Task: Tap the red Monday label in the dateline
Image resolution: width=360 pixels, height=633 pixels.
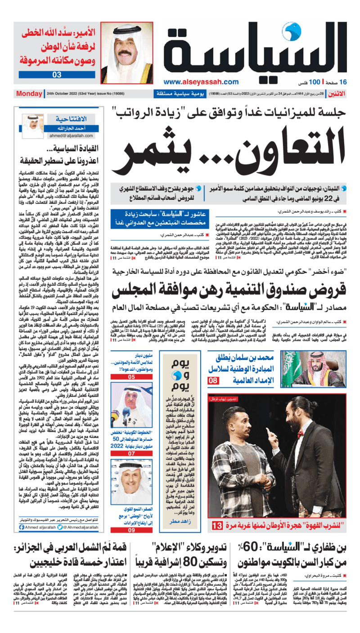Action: tap(29, 94)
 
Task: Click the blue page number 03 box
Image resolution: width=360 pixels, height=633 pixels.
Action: tap(57, 75)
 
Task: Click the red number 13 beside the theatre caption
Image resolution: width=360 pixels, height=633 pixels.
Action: tap(217, 525)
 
